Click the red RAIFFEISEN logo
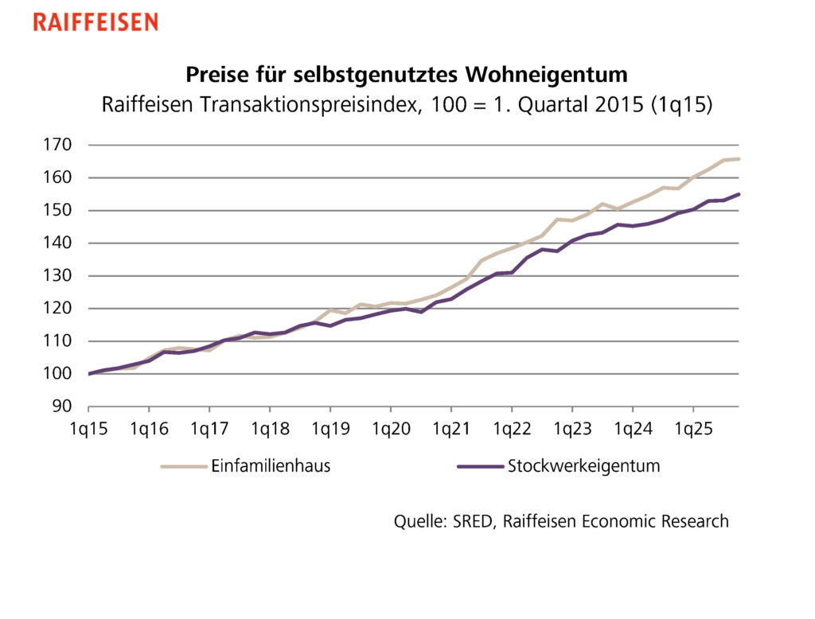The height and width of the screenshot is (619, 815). point(96,21)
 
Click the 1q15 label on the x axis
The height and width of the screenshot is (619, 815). point(88,430)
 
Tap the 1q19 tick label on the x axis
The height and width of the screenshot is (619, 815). point(330,430)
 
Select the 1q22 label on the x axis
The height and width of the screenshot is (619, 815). point(512,430)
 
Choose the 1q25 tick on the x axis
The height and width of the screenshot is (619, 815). point(693,430)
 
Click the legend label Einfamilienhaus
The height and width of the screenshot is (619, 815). point(271,466)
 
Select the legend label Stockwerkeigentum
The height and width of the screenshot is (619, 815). point(584,466)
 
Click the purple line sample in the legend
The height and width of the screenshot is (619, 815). point(481,467)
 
